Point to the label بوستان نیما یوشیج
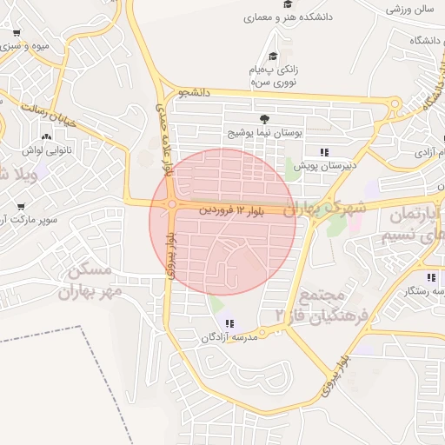tap(263, 133)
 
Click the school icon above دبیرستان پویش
tap(324, 152)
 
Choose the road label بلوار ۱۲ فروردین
tap(228, 209)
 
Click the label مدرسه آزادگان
tap(229, 337)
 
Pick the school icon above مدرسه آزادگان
tap(229, 324)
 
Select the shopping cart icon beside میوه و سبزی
tap(17, 34)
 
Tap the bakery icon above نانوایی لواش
tap(45, 136)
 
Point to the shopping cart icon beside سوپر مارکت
tap(21, 207)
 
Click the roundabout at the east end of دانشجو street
tap(395, 105)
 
